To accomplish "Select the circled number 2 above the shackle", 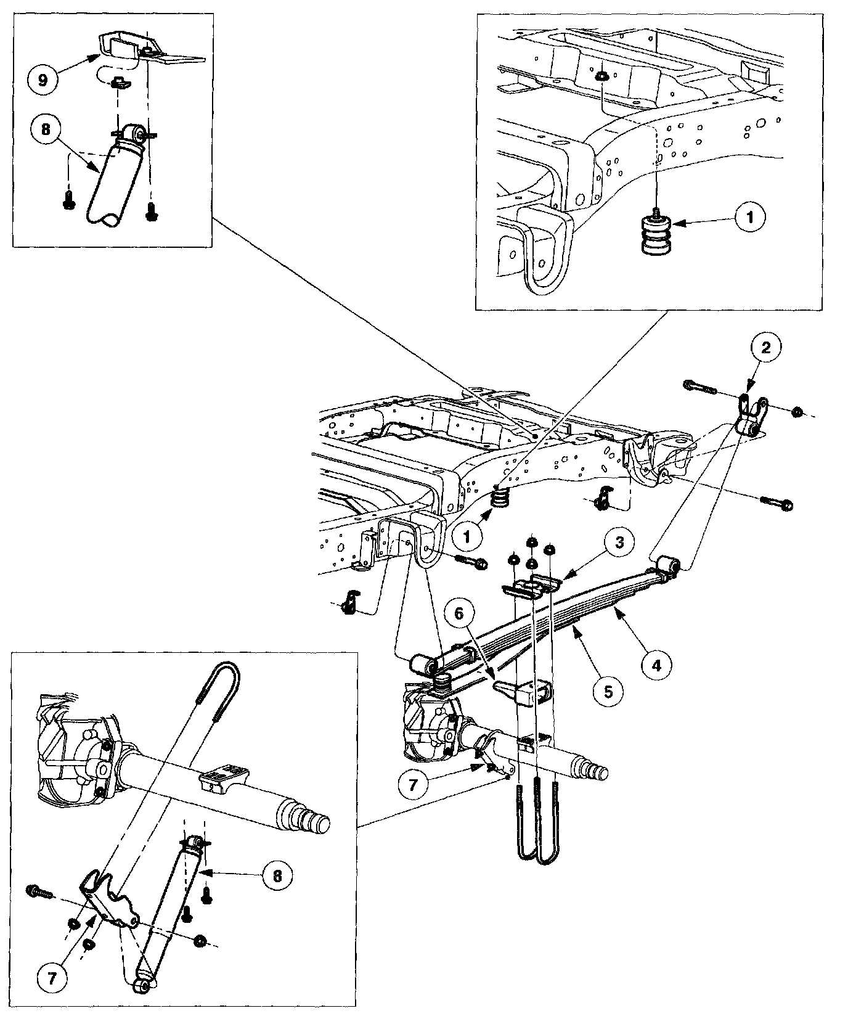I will tap(765, 348).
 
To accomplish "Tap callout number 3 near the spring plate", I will tap(619, 542).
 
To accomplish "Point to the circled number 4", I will tap(656, 665).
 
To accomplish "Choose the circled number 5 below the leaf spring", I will tap(608, 691).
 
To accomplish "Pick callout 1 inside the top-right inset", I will tap(749, 216).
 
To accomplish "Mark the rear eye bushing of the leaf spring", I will tap(667, 563).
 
